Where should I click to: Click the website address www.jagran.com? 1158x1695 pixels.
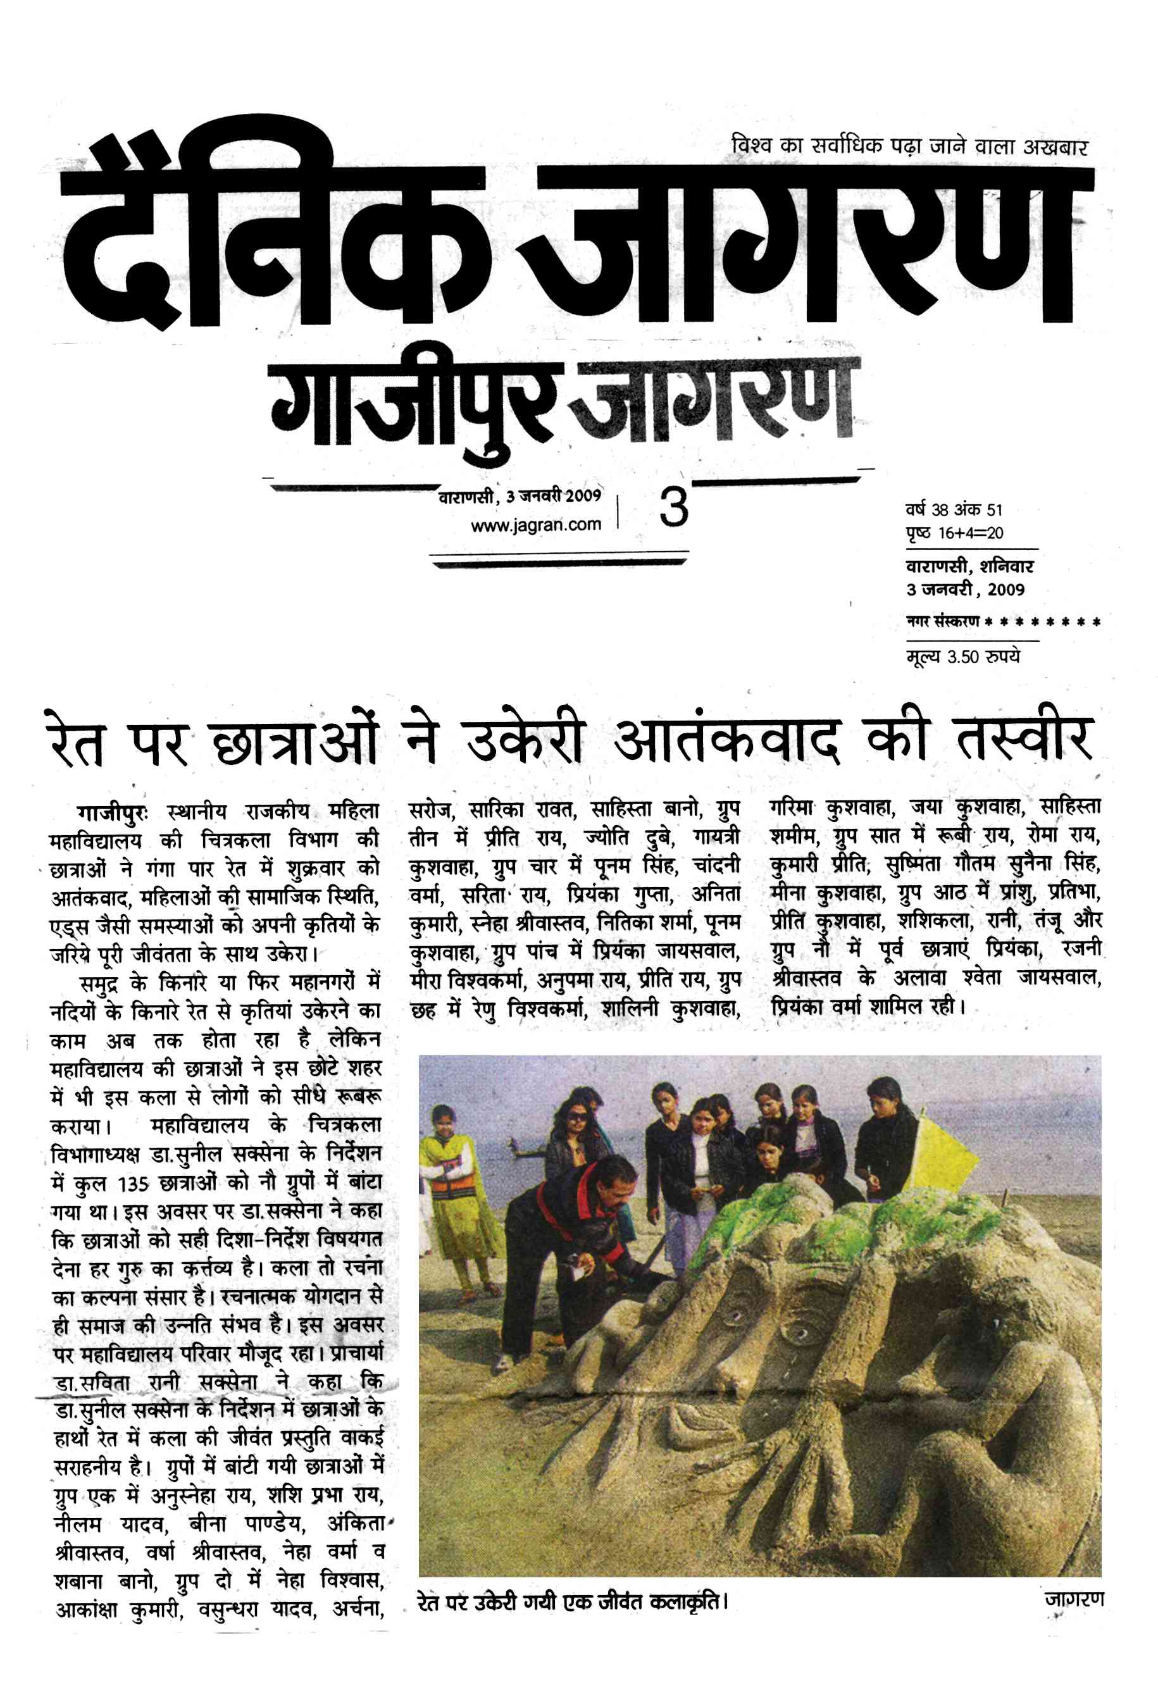536,525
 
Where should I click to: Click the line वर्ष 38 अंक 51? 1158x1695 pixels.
954,510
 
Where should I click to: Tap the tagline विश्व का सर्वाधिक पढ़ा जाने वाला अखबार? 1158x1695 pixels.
909,146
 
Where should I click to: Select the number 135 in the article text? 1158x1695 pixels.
134,1183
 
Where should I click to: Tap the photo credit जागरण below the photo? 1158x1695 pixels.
1073,1599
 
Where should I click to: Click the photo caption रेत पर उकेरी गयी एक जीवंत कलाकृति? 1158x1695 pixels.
573,1603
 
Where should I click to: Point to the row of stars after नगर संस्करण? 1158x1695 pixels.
1042,622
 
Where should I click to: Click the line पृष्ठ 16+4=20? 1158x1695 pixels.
954,533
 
